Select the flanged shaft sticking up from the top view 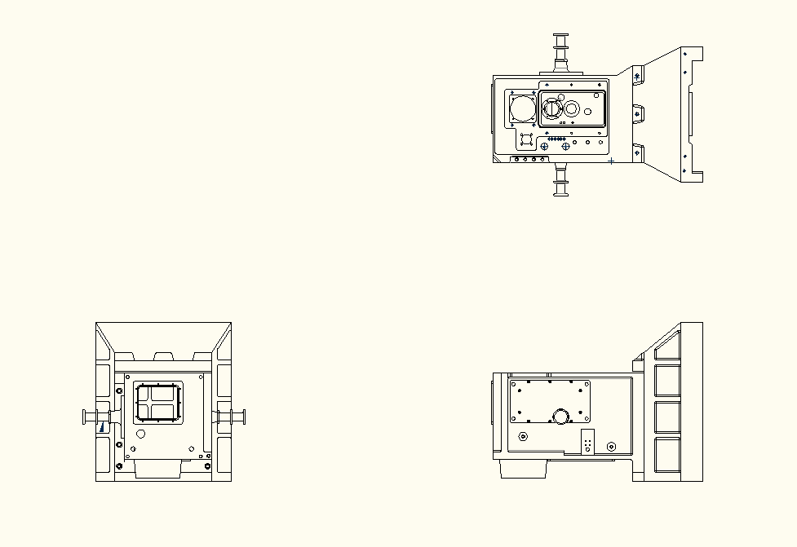(x=560, y=51)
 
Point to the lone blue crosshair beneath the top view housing (x=612, y=161)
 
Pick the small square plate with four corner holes (x=526, y=139)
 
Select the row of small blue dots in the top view (x=557, y=139)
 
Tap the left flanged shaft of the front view (x=96, y=417)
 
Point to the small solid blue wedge (x=102, y=426)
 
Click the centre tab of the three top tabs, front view (x=164, y=356)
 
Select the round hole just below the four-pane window (x=140, y=435)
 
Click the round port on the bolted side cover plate (x=561, y=417)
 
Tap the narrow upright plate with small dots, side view (x=588, y=443)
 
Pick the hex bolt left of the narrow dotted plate (x=523, y=437)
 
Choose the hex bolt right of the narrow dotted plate (x=612, y=447)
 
